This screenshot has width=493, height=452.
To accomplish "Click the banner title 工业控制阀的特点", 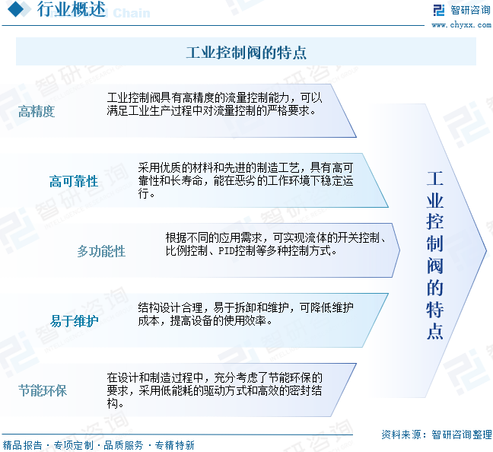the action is (246, 53).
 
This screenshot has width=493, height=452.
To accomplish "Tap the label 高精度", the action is (37, 112).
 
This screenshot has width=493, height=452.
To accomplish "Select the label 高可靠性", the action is (74, 181).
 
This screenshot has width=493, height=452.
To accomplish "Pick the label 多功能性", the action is (101, 251).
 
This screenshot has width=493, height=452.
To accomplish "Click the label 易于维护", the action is (74, 321).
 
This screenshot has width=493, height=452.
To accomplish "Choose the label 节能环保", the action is (43, 391).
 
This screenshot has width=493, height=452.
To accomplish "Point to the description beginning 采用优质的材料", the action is (245, 180).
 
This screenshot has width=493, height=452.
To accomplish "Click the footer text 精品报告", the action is (22, 445).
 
